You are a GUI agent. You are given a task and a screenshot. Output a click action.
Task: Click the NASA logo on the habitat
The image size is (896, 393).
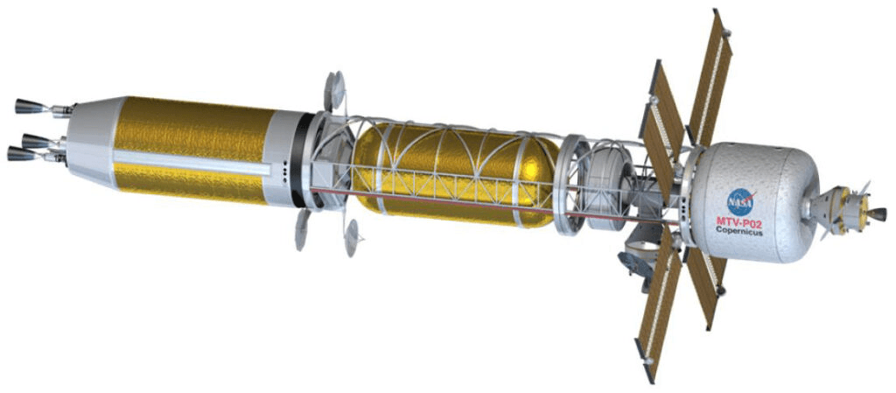740,201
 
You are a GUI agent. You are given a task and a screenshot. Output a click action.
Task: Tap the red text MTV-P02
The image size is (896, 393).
740,221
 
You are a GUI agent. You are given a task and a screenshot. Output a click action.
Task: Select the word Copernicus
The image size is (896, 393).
739,230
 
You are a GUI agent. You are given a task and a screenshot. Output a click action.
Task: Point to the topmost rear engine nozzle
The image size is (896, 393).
30,106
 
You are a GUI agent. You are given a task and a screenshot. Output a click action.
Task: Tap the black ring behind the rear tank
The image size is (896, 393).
297,160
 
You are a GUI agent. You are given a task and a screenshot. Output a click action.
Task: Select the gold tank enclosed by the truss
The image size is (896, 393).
455,174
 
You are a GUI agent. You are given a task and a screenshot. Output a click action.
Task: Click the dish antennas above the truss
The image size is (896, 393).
333,90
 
